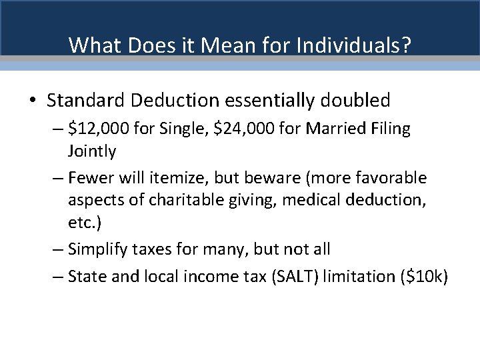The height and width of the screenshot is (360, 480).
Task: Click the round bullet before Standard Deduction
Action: click(33, 101)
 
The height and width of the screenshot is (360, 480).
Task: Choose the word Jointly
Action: click(91, 151)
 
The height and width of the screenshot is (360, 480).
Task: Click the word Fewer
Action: click(89, 178)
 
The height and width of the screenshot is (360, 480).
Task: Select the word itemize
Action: click(173, 178)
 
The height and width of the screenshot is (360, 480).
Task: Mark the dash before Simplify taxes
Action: click(57, 249)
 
